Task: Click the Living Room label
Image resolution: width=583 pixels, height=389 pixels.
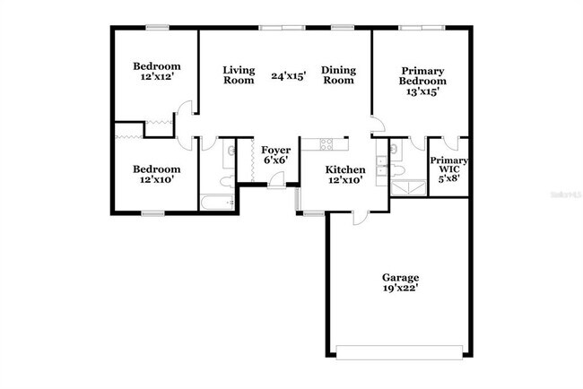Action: tap(239, 75)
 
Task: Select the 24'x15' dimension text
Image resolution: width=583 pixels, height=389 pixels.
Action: tap(289, 76)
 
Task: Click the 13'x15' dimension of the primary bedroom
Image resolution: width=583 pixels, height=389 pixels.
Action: tap(422, 91)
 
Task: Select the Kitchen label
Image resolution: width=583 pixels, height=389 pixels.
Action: tap(344, 169)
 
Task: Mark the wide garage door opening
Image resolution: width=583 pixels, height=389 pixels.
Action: tap(401, 350)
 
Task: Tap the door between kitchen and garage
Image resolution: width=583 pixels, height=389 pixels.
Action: tap(359, 216)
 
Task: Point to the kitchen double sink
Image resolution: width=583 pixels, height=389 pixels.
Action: tap(382, 165)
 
